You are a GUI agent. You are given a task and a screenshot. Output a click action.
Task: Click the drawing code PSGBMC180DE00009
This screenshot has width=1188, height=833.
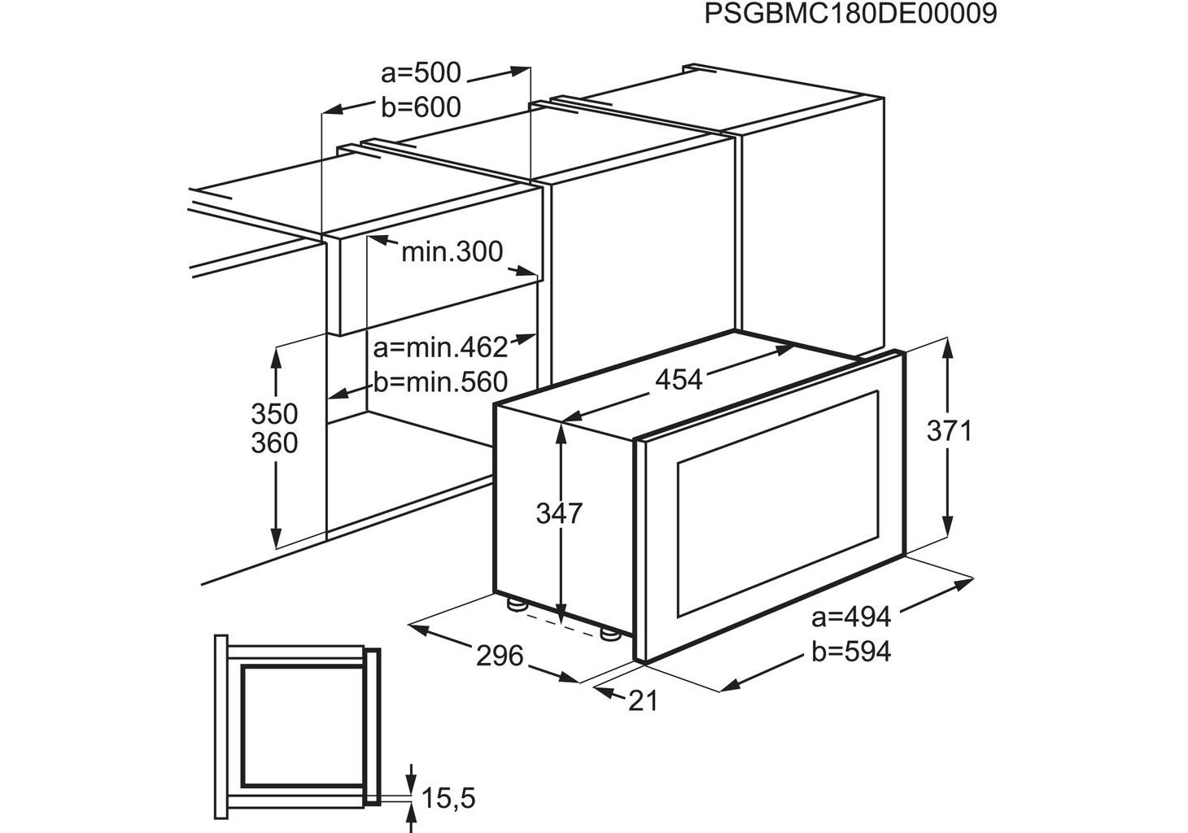click(850, 14)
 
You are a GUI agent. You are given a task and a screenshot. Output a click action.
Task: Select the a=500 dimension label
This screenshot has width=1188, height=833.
click(421, 72)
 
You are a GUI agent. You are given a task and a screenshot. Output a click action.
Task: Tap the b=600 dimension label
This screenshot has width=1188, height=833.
click(421, 107)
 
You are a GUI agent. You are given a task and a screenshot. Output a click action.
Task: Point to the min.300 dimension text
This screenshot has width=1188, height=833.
click(452, 252)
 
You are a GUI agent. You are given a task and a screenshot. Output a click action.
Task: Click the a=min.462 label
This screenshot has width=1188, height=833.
click(441, 348)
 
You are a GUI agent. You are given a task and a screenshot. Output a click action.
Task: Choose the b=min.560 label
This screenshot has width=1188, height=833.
click(441, 382)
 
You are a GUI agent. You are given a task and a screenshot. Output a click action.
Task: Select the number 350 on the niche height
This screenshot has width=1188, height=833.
click(274, 414)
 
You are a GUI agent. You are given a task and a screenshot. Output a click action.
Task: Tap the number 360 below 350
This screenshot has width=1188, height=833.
click(274, 443)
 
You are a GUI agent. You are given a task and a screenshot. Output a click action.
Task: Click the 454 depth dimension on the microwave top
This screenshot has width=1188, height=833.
click(679, 380)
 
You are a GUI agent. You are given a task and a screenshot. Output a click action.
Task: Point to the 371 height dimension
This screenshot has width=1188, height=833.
click(950, 430)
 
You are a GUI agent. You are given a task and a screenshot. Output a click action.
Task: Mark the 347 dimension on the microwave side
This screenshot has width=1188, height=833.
click(559, 513)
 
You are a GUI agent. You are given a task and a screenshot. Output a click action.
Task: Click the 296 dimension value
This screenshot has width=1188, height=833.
click(500, 656)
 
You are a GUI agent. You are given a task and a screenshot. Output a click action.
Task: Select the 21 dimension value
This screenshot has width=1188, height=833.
click(643, 701)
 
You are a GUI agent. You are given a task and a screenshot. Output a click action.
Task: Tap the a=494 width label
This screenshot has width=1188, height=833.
click(851, 617)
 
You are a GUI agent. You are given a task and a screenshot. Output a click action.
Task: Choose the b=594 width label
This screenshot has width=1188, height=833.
click(851, 652)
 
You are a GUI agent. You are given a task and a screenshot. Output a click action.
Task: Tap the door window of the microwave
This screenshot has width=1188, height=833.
click(778, 504)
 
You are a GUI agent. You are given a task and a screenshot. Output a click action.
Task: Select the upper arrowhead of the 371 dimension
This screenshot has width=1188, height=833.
click(948, 349)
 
